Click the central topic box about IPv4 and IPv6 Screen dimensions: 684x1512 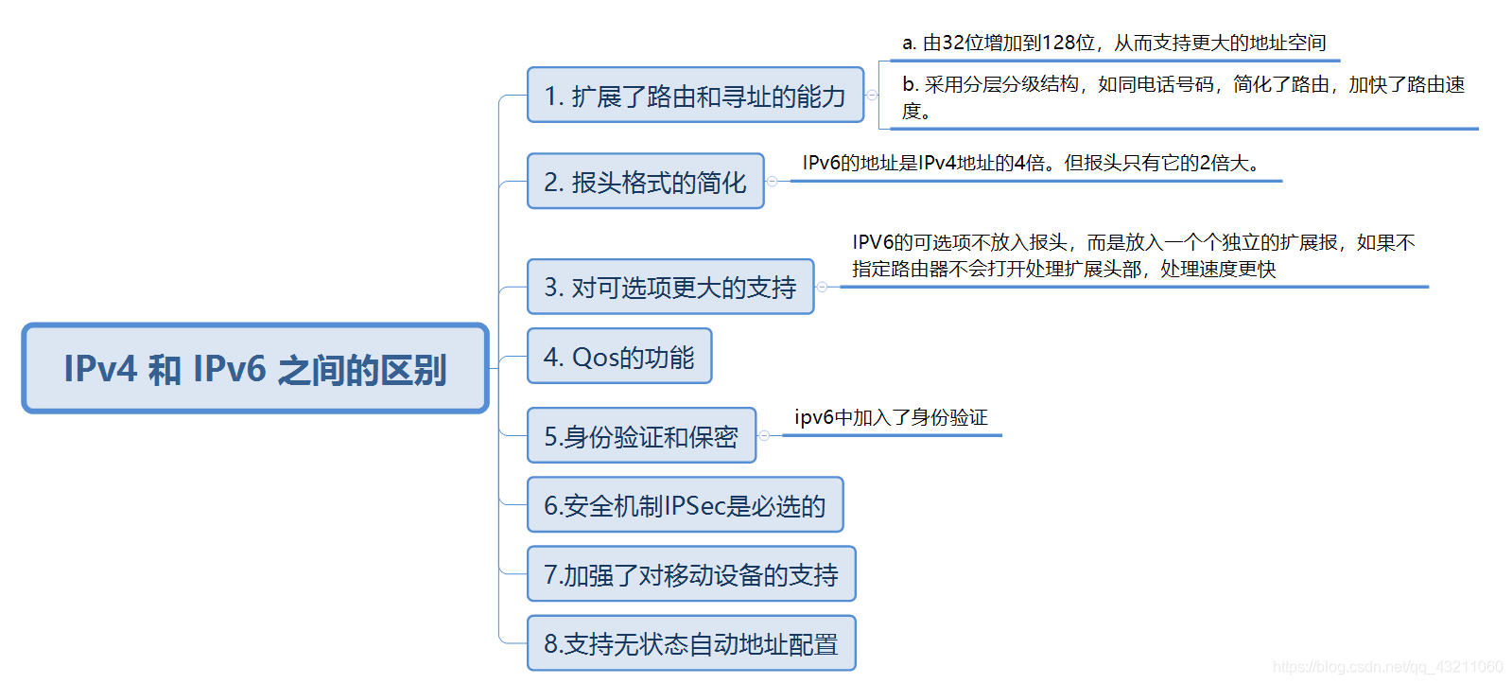(x=255, y=369)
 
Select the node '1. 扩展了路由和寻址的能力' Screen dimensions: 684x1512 (x=695, y=96)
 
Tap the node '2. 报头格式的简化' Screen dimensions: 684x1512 (x=645, y=182)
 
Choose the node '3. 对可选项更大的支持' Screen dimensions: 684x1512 (x=669, y=287)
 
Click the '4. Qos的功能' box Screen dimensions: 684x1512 (x=618, y=357)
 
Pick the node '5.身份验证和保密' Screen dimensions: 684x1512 (x=641, y=436)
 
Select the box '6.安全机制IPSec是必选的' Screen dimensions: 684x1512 (x=685, y=505)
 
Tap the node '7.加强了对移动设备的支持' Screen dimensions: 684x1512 (x=691, y=574)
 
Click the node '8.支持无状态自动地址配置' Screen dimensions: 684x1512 (x=691, y=643)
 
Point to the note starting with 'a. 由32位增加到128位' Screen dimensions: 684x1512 (x=1114, y=43)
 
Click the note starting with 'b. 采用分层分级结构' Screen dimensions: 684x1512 (x=1182, y=96)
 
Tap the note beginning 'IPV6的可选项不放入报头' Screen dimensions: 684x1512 (x=1133, y=255)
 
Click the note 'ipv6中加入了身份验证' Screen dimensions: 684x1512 (x=891, y=417)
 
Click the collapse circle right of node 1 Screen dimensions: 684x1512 (x=872, y=96)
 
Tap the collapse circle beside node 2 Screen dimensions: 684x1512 (x=772, y=181)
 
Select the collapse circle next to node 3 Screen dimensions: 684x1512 (x=822, y=287)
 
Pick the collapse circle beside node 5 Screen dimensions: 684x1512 (x=764, y=435)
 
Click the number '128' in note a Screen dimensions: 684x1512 (x=1057, y=43)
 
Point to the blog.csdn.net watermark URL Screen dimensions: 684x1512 (x=1387, y=667)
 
